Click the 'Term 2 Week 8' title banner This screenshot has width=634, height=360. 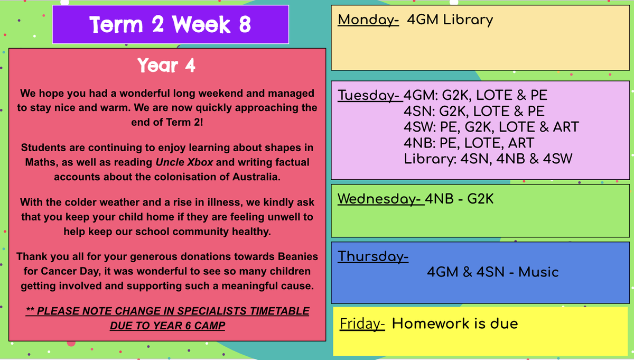tap(170, 24)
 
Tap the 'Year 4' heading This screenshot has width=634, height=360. tap(166, 66)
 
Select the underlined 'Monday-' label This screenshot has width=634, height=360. tap(368, 20)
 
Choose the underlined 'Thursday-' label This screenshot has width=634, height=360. tap(373, 256)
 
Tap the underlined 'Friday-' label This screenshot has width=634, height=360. tap(362, 324)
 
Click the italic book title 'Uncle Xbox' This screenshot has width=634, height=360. tap(184, 162)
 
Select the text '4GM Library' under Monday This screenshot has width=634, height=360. tap(450, 20)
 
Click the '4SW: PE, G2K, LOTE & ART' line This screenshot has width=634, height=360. tap(491, 127)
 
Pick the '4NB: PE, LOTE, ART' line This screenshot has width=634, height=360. tap(469, 143)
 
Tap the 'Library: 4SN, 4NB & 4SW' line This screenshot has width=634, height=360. tap(488, 159)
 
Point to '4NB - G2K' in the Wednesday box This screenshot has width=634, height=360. tap(459, 199)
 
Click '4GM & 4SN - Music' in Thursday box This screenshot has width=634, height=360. tap(493, 272)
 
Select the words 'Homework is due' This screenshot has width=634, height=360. tap(455, 324)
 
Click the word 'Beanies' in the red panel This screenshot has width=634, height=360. tap(298, 256)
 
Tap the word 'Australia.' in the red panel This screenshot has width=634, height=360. tap(256, 177)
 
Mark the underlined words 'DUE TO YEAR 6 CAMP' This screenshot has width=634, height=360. tap(167, 326)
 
